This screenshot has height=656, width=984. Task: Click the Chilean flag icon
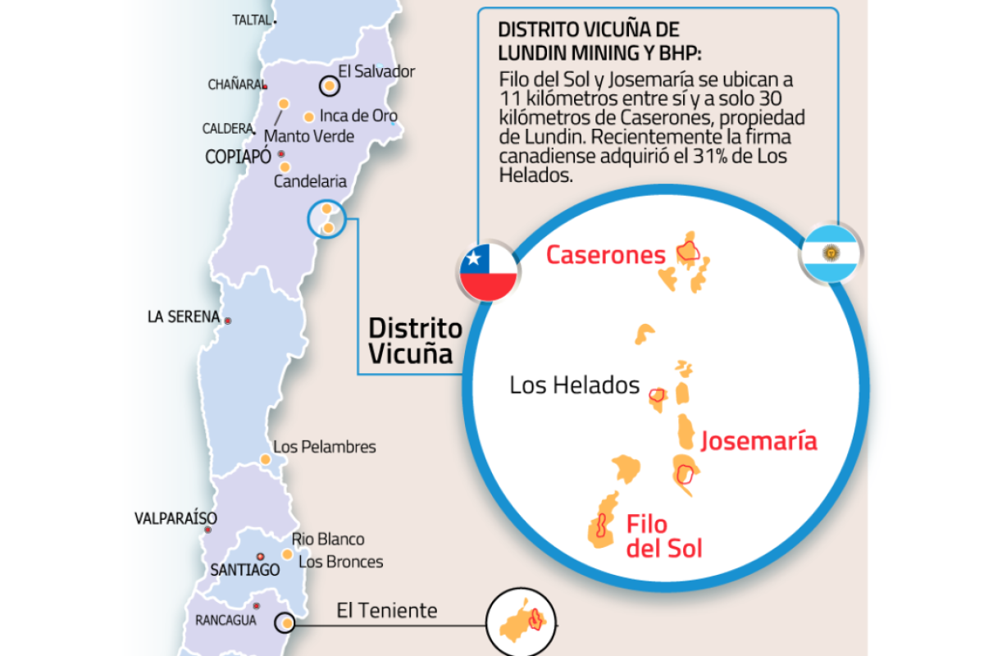(488, 271)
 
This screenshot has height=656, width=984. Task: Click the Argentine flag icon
(828, 253)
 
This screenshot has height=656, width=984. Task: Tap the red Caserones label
(606, 255)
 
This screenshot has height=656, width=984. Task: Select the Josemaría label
(758, 441)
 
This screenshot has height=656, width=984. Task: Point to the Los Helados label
(574, 385)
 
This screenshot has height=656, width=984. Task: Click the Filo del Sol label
(663, 535)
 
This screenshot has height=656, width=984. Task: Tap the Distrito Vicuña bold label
(415, 341)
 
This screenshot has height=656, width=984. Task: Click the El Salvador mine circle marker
(328, 84)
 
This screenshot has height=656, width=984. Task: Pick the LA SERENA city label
(184, 317)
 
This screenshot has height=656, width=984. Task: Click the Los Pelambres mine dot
(266, 460)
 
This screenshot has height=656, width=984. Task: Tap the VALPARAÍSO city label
(175, 518)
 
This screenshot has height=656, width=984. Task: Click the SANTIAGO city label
(244, 570)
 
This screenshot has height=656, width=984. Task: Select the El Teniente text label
(387, 611)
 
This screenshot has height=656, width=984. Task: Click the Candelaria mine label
(310, 181)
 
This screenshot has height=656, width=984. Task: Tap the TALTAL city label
(251, 20)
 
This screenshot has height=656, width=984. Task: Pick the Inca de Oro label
(358, 116)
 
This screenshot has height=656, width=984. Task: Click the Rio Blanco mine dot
(287, 554)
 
